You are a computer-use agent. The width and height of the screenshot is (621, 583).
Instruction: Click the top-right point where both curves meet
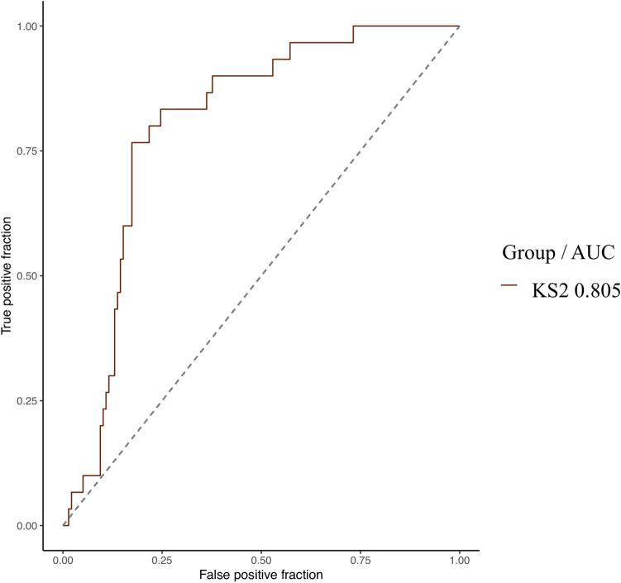click(459, 26)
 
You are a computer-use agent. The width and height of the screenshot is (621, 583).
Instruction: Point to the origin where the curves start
click(64, 525)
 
